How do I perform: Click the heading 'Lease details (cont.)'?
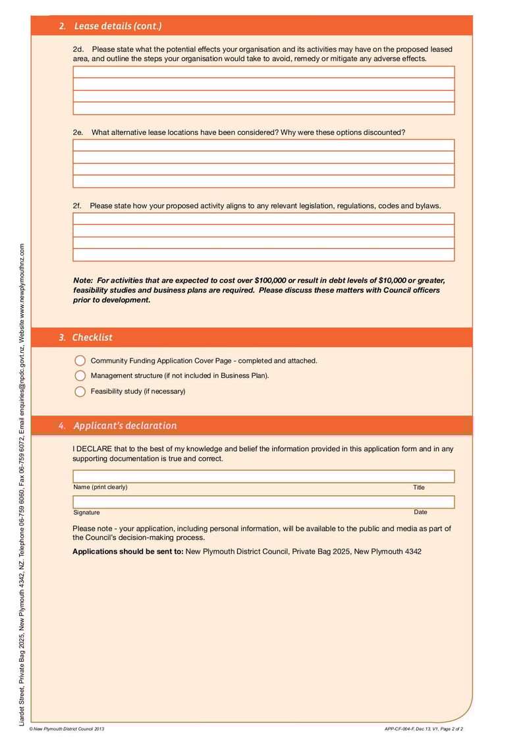click(118, 26)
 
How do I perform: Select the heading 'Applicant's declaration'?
click(125, 426)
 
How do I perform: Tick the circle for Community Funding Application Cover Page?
click(80, 361)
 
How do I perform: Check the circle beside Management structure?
click(80, 376)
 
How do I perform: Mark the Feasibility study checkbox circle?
click(80, 392)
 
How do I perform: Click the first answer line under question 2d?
click(263, 72)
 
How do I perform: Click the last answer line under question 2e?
click(263, 182)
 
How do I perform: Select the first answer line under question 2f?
click(263, 219)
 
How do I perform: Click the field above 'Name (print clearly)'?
click(263, 477)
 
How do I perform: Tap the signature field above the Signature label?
click(263, 502)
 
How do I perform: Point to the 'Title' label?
click(419, 488)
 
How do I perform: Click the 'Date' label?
click(420, 512)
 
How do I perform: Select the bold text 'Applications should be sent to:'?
click(128, 552)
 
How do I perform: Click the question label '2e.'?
click(78, 132)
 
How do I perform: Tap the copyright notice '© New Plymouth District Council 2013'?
click(67, 729)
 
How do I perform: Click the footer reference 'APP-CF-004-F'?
click(399, 729)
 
